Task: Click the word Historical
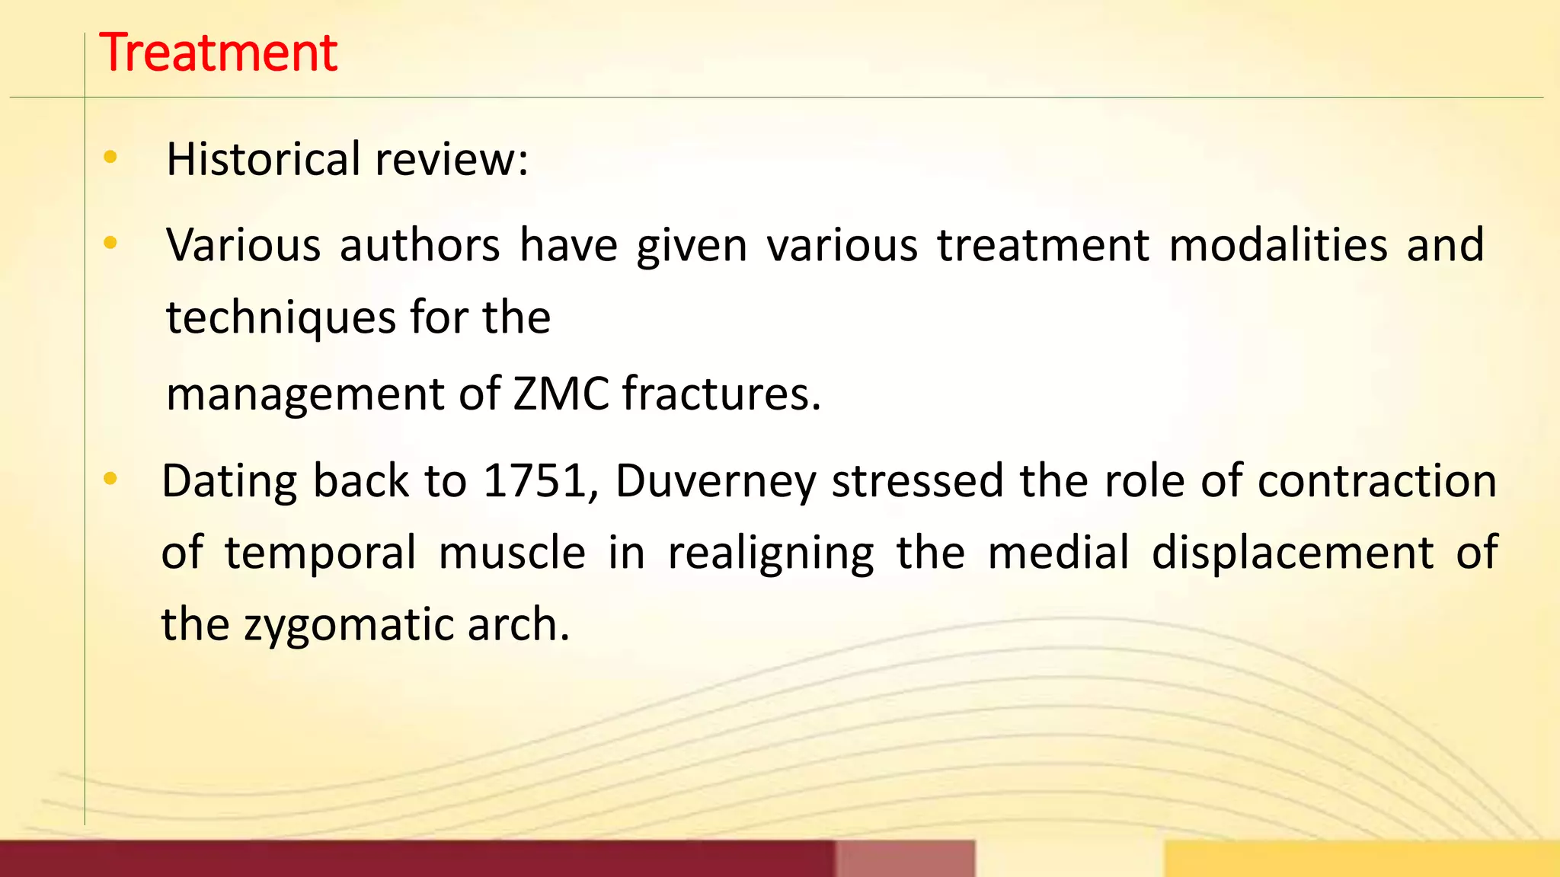(x=263, y=159)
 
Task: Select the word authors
(x=420, y=245)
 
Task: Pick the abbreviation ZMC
(x=561, y=394)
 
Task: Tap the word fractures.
(x=721, y=394)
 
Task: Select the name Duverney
(x=715, y=483)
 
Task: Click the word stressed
(x=917, y=481)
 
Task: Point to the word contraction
(x=1377, y=481)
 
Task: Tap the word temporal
(x=320, y=553)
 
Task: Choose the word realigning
(x=771, y=553)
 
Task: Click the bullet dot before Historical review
(x=110, y=158)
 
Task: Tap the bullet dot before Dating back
(x=110, y=479)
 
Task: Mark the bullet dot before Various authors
(x=110, y=244)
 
